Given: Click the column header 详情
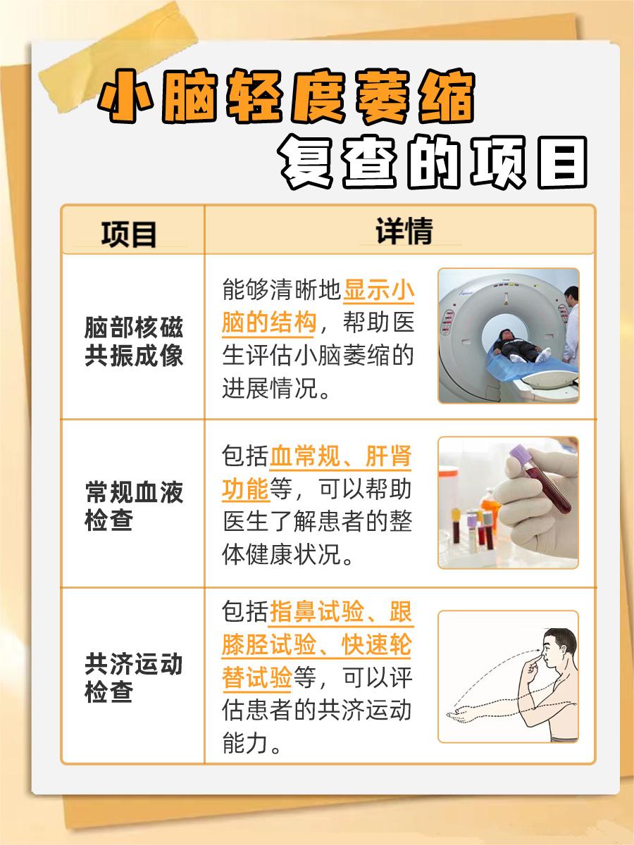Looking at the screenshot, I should pyautogui.click(x=404, y=231).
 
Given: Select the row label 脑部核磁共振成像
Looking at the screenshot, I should pyautogui.click(x=134, y=342).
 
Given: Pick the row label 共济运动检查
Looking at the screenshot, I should pyautogui.click(x=134, y=677).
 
